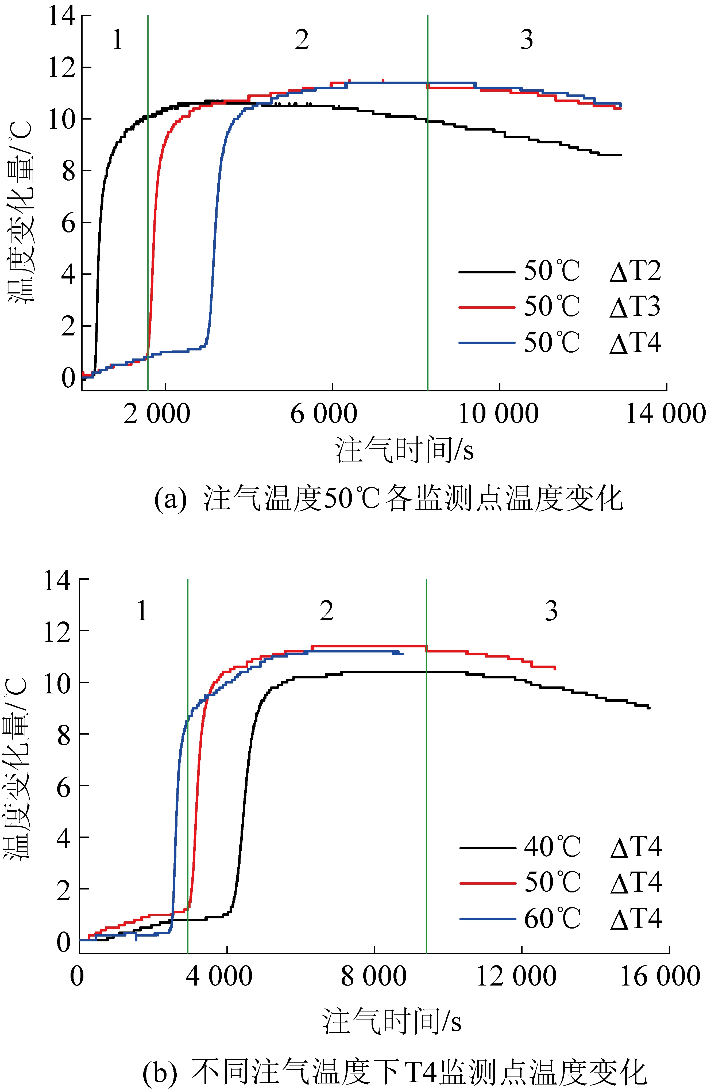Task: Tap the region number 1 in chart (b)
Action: coord(142,611)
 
